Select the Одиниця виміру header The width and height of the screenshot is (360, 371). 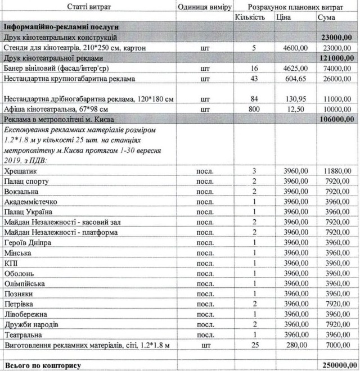(x=204, y=6)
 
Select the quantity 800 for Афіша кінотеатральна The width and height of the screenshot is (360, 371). (x=253, y=108)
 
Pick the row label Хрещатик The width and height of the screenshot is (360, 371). (x=19, y=170)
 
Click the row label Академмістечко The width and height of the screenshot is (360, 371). (x=30, y=201)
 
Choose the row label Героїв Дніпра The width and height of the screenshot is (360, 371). (x=28, y=242)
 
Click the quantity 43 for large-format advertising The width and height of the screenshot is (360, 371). (x=254, y=78)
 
